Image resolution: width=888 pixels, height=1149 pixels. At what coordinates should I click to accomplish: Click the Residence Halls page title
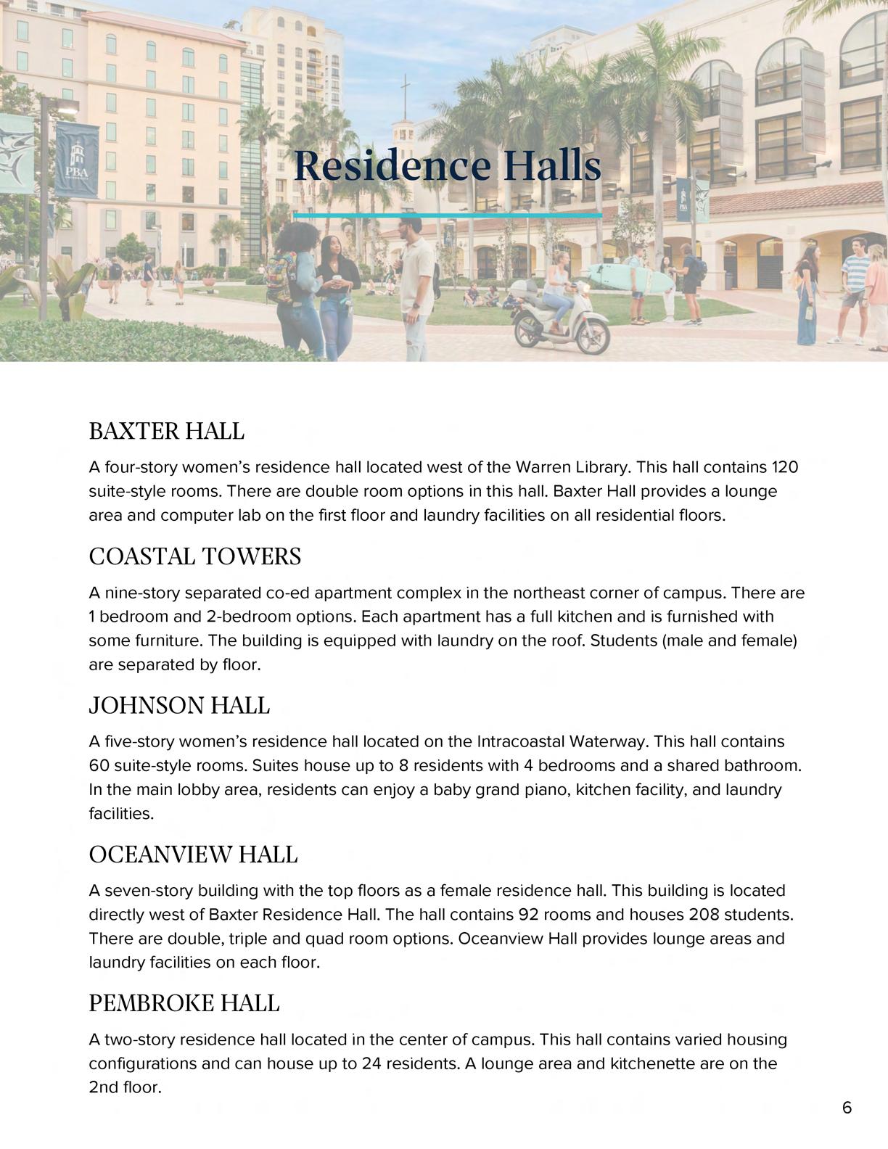pyautogui.click(x=448, y=166)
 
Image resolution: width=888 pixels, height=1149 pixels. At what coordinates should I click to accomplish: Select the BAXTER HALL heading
pyautogui.click(x=166, y=431)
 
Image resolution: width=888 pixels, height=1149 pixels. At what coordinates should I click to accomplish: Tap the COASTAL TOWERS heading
pyautogui.click(x=194, y=556)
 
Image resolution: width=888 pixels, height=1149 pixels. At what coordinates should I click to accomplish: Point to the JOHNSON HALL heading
pyautogui.click(x=179, y=705)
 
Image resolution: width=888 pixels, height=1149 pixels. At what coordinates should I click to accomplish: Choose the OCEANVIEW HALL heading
pyautogui.click(x=193, y=854)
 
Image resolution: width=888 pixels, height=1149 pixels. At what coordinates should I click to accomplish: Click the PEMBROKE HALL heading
pyautogui.click(x=184, y=1003)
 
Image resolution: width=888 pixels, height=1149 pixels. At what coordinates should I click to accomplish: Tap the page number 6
pyautogui.click(x=847, y=1108)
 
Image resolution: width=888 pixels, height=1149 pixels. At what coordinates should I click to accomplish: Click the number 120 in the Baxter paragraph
pyautogui.click(x=784, y=466)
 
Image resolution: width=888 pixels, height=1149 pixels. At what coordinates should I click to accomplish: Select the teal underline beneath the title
pyautogui.click(x=448, y=215)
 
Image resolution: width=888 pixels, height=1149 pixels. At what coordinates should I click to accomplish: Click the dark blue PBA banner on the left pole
pyautogui.click(x=77, y=160)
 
